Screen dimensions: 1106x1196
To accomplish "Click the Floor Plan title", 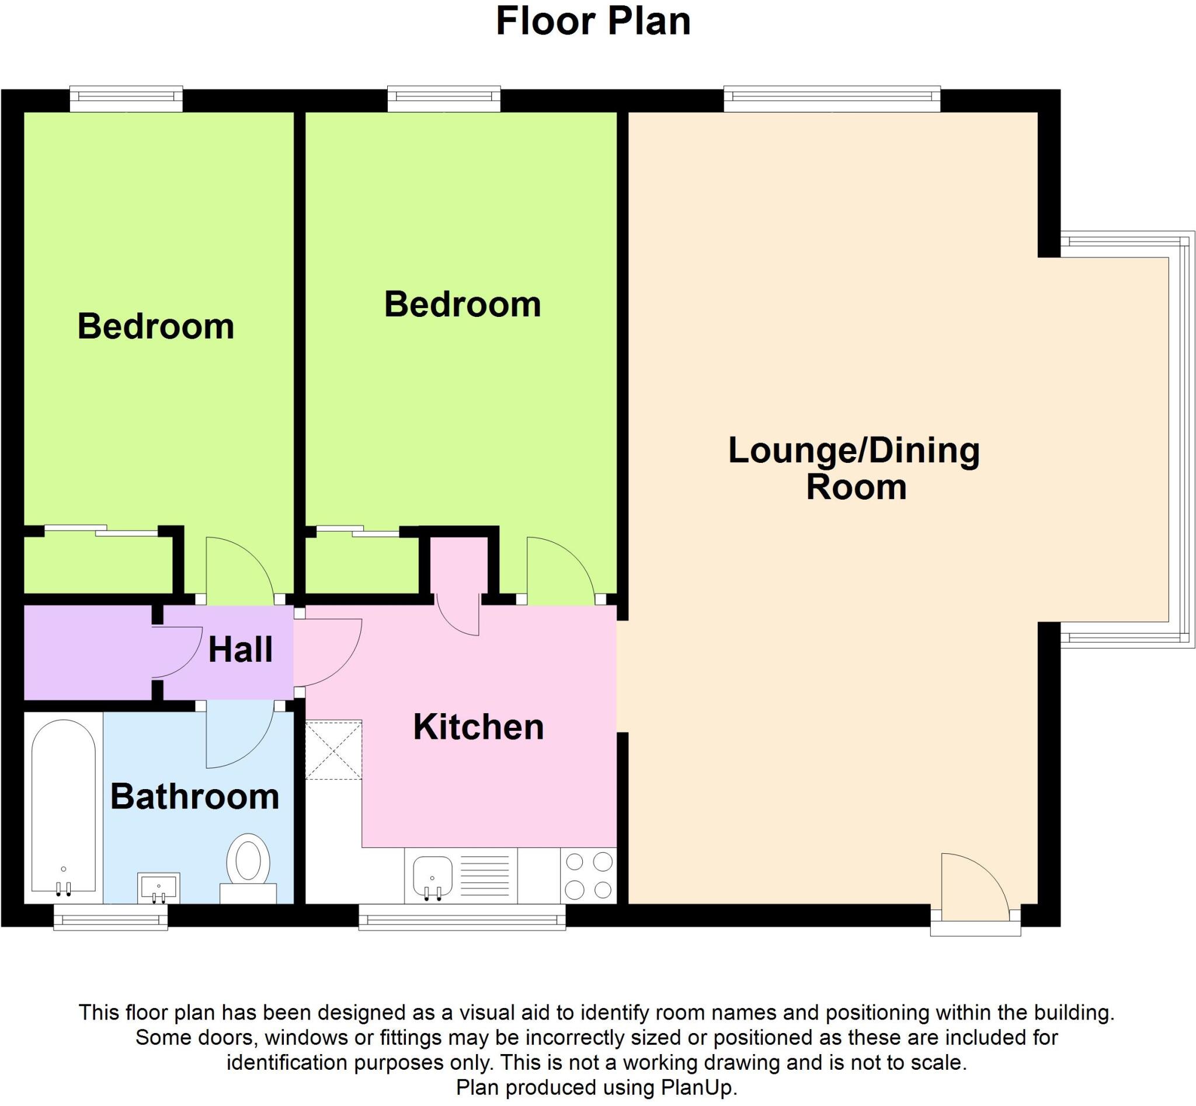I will tap(593, 22).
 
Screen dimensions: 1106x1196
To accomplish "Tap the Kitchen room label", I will tap(478, 727).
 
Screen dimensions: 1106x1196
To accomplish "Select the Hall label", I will tap(240, 650).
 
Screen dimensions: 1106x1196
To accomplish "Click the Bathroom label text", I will tap(194, 797).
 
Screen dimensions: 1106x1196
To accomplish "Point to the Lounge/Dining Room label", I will tap(853, 468).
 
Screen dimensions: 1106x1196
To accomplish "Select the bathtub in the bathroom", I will tap(64, 808).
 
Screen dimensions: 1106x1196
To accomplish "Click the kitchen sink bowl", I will tap(432, 875).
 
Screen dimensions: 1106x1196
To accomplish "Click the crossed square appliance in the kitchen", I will tap(333, 749).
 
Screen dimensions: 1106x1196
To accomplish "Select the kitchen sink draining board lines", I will tap(485, 875).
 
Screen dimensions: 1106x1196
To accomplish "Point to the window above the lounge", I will tap(831, 99).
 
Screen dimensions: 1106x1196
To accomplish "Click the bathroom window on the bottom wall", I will tap(111, 917).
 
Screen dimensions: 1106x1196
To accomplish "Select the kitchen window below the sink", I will tap(462, 917).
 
